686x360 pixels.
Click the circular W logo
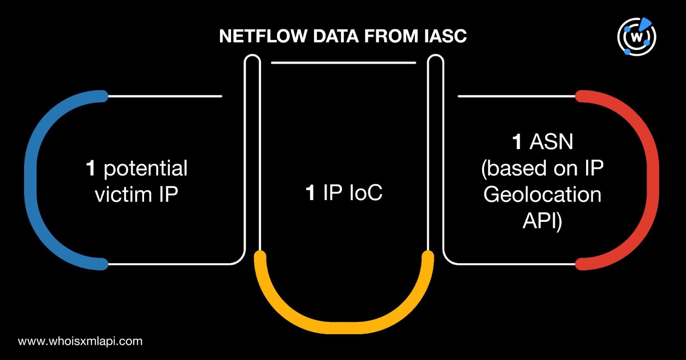pyautogui.click(x=637, y=37)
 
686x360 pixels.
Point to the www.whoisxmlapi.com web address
pyautogui.click(x=80, y=341)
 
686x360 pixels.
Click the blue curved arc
pyautogui.click(x=32, y=180)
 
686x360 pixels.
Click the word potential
pyautogui.click(x=146, y=168)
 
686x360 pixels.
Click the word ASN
pyautogui.click(x=551, y=142)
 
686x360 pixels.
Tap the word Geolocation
pyautogui.click(x=542, y=195)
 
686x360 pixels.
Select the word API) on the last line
pyautogui.click(x=542, y=221)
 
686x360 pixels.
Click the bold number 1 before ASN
pyautogui.click(x=517, y=142)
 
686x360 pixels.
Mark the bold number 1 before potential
pyautogui.click(x=90, y=168)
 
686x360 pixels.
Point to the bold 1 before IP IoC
pyautogui.click(x=310, y=192)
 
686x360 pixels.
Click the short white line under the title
pyautogui.click(x=343, y=63)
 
